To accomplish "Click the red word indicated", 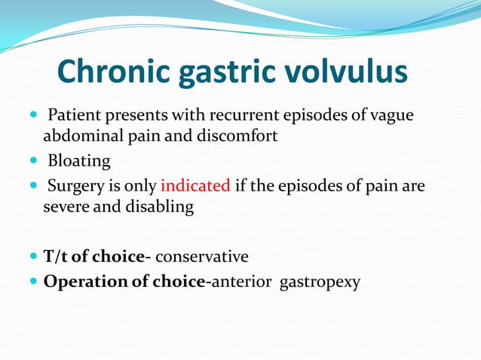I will pos(195,186).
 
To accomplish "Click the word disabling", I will pos(159,206).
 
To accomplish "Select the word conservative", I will pos(201,257).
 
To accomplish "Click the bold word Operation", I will pos(87,282).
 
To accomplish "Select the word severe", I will pos(66,206).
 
